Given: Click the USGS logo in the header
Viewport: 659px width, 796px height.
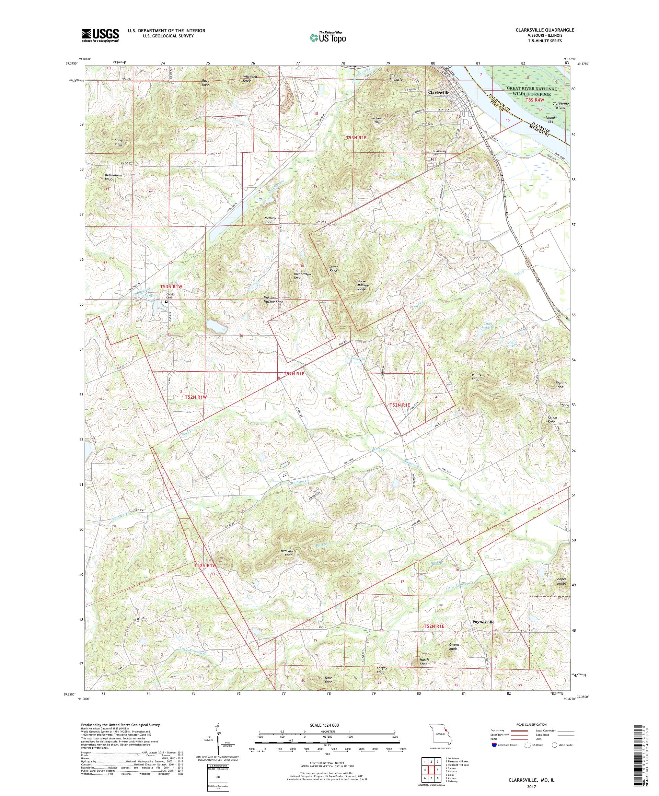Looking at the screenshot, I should (x=100, y=36).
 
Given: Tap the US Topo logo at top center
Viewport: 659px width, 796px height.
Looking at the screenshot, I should (x=327, y=37).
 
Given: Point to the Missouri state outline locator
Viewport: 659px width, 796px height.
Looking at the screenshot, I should (x=441, y=745).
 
